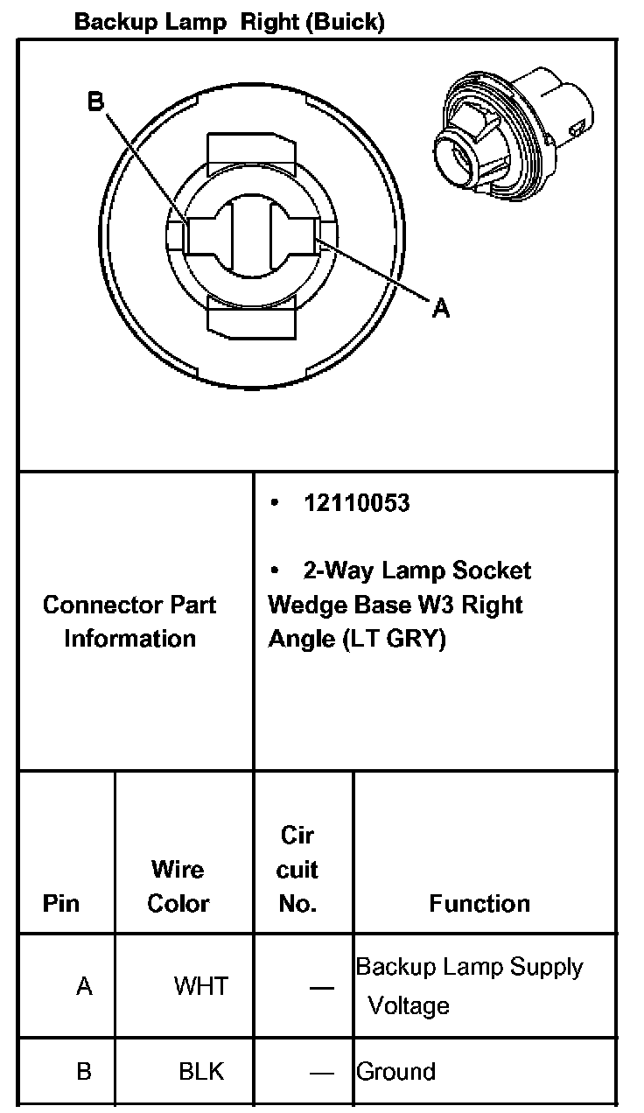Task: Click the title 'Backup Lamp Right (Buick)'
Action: click(229, 22)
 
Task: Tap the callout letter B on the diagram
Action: click(95, 102)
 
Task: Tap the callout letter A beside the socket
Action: click(441, 307)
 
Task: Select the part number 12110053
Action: click(356, 503)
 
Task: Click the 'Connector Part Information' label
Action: click(129, 621)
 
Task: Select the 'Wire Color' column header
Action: click(178, 886)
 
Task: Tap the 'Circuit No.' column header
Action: click(297, 869)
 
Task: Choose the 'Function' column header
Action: click(479, 903)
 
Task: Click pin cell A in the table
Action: click(84, 987)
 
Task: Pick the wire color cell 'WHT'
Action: click(200, 987)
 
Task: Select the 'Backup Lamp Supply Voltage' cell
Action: click(469, 986)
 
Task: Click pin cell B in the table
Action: click(84, 1071)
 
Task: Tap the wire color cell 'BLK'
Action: click(201, 1071)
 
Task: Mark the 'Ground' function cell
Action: click(395, 1072)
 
